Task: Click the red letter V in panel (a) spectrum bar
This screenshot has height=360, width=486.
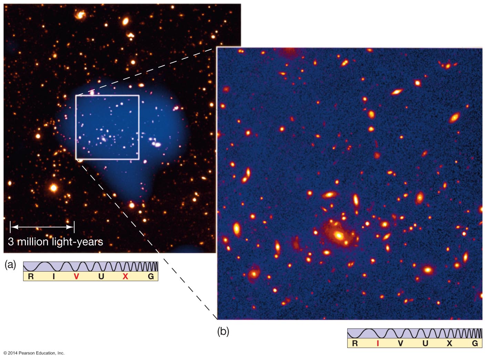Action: tap(76, 276)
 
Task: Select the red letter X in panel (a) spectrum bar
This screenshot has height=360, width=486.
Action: tap(125, 276)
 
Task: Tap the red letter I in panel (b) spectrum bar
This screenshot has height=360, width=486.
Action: tap(378, 343)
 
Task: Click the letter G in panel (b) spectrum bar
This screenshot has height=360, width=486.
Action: tap(475, 343)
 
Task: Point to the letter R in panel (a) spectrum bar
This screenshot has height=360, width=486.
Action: tap(31, 276)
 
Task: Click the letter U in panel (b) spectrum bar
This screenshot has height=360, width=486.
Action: tap(425, 343)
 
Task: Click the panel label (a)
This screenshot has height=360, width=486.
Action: tap(10, 264)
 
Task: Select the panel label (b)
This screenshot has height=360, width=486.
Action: tap(223, 331)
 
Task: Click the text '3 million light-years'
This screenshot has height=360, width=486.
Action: tap(55, 242)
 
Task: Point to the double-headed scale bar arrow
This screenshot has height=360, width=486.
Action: tap(42, 227)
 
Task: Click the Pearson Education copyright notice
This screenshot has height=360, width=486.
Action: tap(34, 353)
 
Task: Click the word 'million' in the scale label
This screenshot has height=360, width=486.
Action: tap(33, 242)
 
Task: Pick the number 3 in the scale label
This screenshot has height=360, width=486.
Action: tap(11, 242)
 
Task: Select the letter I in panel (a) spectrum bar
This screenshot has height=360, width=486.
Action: tap(54, 276)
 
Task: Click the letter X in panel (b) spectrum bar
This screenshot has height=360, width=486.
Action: tap(449, 343)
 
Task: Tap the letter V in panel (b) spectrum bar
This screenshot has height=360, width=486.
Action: tap(400, 343)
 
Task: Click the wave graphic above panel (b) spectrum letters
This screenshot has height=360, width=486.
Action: tap(415, 333)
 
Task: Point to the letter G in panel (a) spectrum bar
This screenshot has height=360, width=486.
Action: tap(151, 276)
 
